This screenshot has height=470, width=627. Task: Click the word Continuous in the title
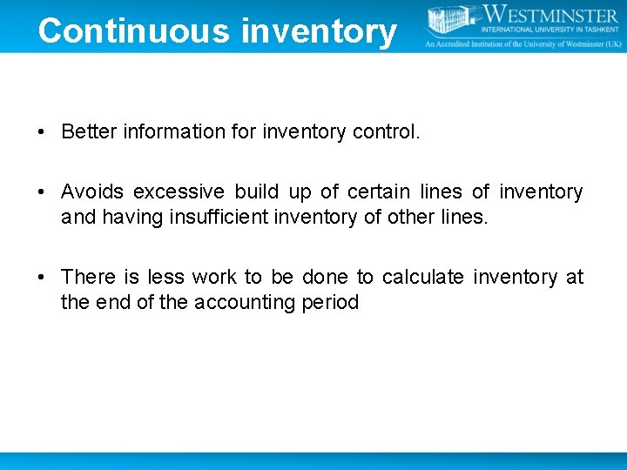(134, 30)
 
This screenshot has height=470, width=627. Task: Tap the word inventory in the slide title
(319, 32)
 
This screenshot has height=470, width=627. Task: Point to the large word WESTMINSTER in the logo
(549, 16)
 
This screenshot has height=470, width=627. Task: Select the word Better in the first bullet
(90, 131)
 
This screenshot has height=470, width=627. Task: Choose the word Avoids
(92, 191)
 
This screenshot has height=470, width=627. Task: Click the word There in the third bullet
(88, 277)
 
